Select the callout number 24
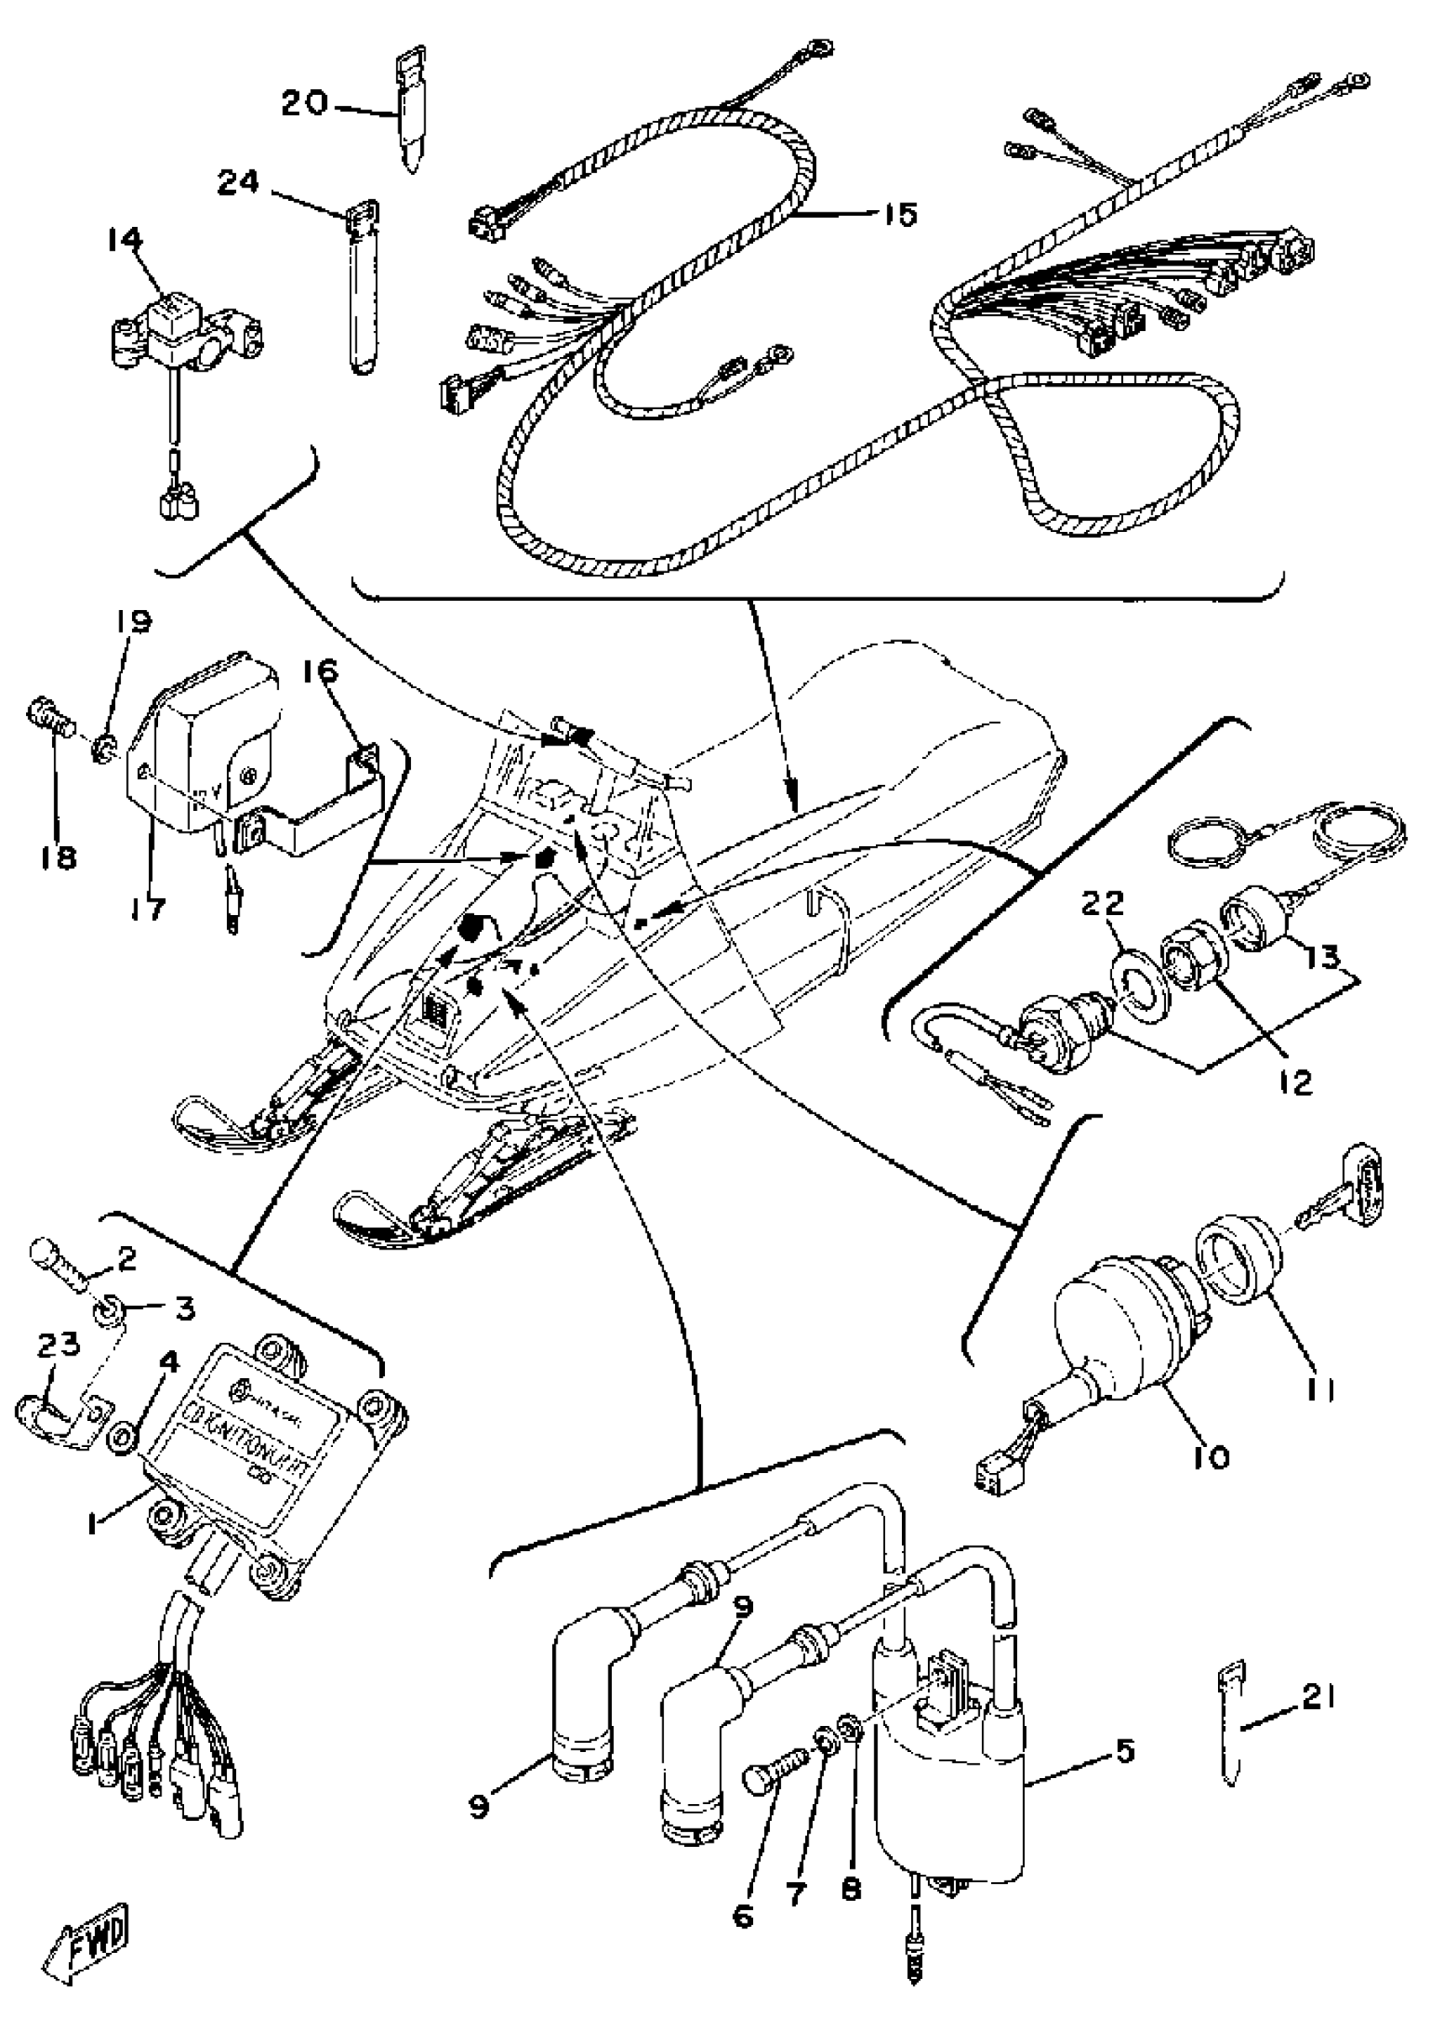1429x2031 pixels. pyautogui.click(x=238, y=183)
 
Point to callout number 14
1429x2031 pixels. pyautogui.click(x=124, y=239)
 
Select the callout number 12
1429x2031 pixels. pyautogui.click(x=1295, y=1084)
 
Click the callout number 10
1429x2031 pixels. pyautogui.click(x=1217, y=1457)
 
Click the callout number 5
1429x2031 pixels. pyautogui.click(x=1124, y=1751)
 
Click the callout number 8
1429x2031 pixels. pyautogui.click(x=852, y=1885)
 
